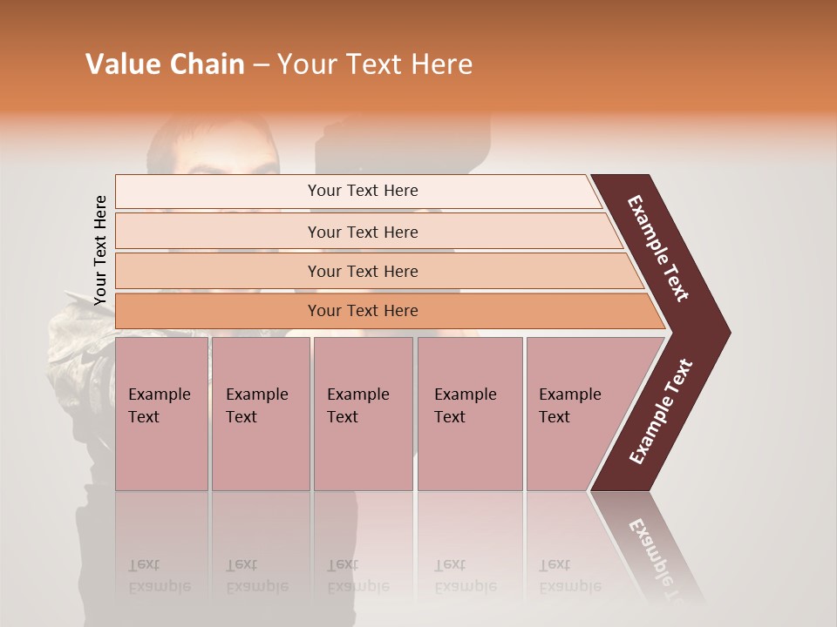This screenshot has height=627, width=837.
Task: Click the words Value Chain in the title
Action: [x=165, y=64]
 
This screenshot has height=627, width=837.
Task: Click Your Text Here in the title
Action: [x=375, y=64]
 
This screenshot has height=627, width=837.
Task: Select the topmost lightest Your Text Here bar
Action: [x=362, y=191]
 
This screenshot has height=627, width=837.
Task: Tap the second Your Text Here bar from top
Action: [x=362, y=232]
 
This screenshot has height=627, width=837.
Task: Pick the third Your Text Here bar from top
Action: [x=362, y=271]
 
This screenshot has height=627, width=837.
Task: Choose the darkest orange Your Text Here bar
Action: [x=362, y=311]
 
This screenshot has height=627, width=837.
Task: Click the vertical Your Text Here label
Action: [x=100, y=250]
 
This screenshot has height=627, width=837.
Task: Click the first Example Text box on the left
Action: [x=161, y=414]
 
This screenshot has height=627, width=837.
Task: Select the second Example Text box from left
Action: [x=260, y=414]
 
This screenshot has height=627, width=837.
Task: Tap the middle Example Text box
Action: [x=363, y=414]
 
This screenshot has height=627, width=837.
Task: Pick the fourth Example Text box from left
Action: [x=469, y=414]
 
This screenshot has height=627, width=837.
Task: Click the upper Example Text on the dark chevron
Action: [x=659, y=247]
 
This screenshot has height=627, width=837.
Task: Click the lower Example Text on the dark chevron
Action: [x=661, y=412]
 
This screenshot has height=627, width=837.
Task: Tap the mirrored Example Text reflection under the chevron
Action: [x=661, y=557]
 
